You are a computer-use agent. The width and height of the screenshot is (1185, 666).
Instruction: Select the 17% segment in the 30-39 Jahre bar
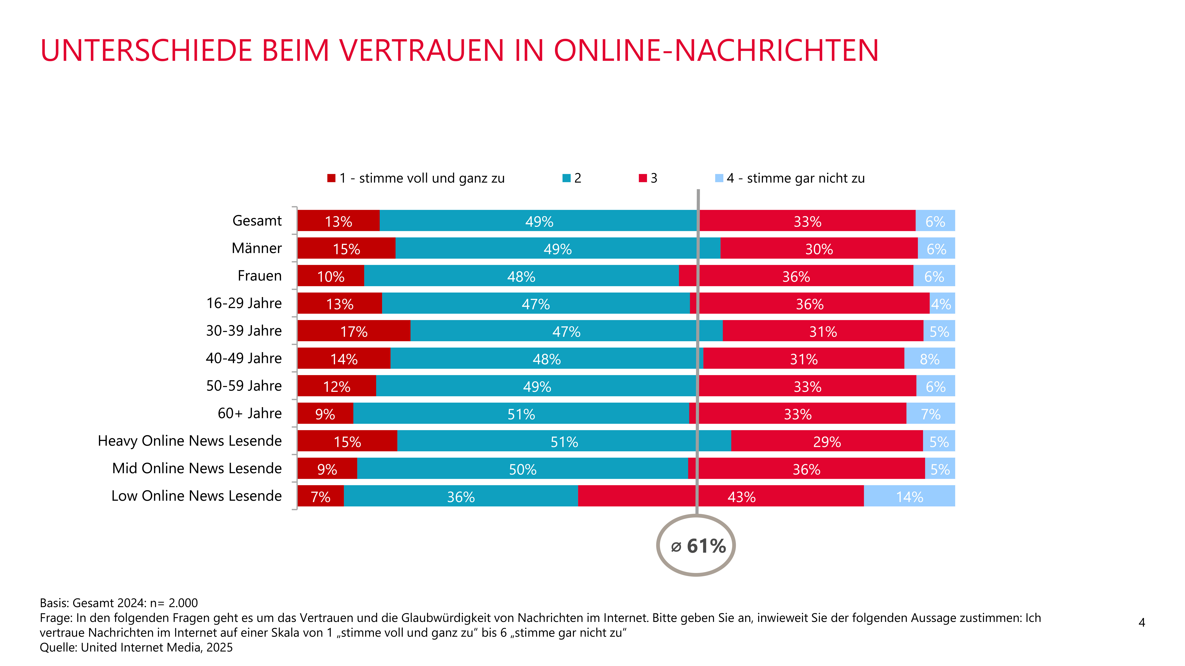click(354, 330)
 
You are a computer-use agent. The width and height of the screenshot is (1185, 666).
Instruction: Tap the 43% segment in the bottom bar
click(721, 496)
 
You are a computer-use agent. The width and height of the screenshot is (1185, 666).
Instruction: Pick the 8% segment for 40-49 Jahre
click(930, 358)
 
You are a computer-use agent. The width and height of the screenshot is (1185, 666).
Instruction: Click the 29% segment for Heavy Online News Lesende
click(827, 441)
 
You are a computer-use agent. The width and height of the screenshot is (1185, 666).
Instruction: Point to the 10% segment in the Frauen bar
click(331, 275)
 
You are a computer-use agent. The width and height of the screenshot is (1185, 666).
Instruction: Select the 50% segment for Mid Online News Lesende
click(523, 468)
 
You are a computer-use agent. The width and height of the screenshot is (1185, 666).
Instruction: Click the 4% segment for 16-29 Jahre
click(942, 303)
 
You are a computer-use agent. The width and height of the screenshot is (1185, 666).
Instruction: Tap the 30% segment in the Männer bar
click(819, 248)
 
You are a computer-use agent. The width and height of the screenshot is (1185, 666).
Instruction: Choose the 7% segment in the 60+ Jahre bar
click(931, 413)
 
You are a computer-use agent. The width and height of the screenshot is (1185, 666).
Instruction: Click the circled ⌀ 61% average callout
click(696, 545)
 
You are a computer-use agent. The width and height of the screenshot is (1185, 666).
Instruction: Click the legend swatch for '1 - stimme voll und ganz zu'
click(331, 178)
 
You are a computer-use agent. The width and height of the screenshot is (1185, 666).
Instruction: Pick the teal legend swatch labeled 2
click(566, 178)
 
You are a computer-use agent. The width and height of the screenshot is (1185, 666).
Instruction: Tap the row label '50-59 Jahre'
click(244, 386)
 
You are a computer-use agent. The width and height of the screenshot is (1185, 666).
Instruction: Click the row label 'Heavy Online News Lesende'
click(190, 441)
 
